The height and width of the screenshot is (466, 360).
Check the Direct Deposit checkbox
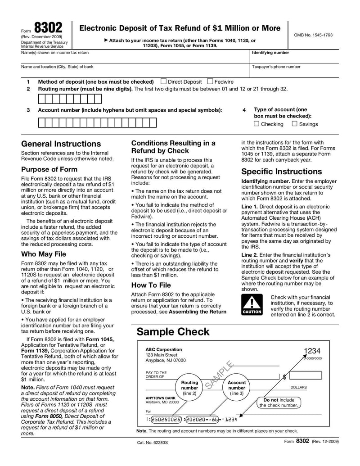(x=164, y=81)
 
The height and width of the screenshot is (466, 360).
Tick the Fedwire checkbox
(x=210, y=81)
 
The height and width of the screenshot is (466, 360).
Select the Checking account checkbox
(x=256, y=124)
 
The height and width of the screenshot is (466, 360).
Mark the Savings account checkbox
(x=295, y=124)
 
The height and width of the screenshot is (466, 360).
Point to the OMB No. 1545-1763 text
(x=314, y=35)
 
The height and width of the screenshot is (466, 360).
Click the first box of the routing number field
(x=42, y=99)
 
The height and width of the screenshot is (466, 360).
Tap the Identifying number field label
(x=270, y=53)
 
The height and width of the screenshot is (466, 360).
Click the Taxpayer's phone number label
(x=276, y=67)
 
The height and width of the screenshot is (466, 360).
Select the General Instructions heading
(x=61, y=144)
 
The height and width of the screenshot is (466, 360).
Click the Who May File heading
(x=44, y=254)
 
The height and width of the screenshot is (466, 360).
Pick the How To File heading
(x=151, y=285)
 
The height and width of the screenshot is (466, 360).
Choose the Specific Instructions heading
(x=282, y=172)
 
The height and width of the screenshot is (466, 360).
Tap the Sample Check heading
(x=173, y=332)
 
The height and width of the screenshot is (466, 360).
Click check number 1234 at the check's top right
(x=311, y=351)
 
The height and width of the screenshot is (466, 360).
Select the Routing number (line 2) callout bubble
(x=189, y=388)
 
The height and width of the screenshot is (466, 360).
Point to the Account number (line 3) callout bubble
(x=237, y=388)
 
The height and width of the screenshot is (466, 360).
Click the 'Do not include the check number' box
(x=279, y=403)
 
